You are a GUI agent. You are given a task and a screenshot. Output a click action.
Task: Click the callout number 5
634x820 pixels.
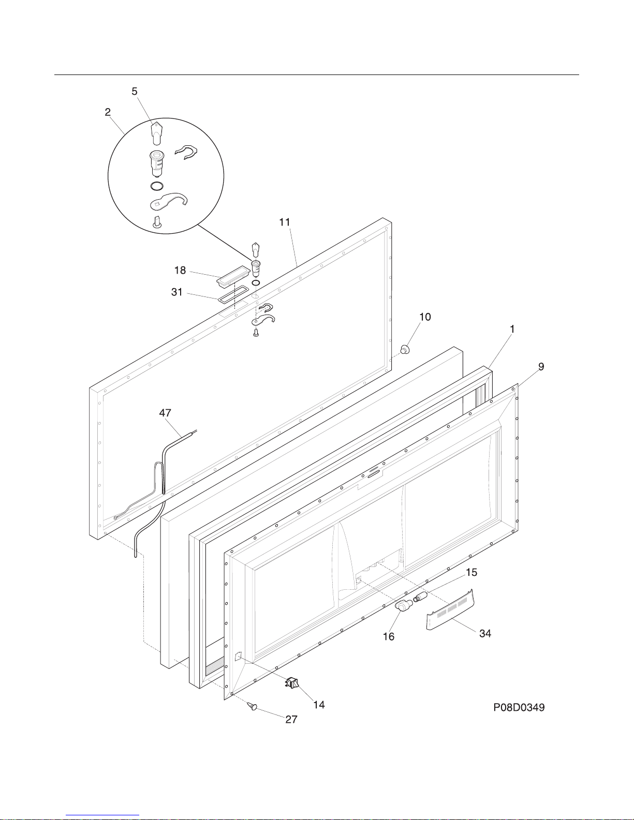tap(135, 92)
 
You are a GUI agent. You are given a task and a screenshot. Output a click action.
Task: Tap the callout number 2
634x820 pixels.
tap(108, 112)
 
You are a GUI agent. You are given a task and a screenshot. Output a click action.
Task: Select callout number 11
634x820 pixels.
tap(285, 222)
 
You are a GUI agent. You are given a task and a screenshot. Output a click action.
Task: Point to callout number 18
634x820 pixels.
tap(180, 270)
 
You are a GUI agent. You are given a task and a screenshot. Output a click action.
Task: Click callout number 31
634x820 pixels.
tap(177, 292)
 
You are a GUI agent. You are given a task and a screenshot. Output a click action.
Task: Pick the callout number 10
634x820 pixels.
tap(425, 317)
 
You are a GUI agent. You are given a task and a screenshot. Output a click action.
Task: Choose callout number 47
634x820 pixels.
tap(165, 413)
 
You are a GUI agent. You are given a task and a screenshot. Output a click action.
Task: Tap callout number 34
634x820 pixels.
tap(485, 633)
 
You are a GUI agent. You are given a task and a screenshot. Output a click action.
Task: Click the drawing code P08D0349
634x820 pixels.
tap(519, 707)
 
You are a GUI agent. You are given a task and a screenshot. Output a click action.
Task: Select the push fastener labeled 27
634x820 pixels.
tap(253, 706)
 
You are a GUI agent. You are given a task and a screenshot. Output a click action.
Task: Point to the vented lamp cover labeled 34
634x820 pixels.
tap(450, 610)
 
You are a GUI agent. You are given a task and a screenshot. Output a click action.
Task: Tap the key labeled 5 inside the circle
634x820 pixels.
tap(155, 132)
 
